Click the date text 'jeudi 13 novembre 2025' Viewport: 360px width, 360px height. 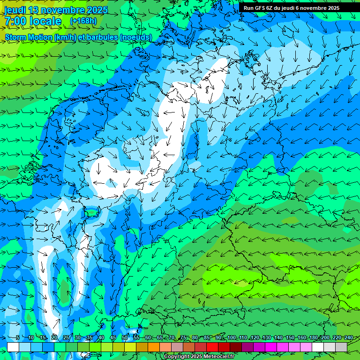56,10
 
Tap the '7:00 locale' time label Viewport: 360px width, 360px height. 33,21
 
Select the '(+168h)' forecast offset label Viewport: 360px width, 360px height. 83,21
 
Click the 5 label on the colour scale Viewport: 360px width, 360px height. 18,337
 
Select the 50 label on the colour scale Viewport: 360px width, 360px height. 125,337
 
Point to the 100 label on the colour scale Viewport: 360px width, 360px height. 231,337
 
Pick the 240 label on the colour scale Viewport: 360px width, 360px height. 348,337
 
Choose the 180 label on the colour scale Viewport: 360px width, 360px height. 313,337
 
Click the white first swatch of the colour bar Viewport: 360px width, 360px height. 13,347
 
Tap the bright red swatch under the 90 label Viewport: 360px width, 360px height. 212,347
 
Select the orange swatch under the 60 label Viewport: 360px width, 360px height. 142,347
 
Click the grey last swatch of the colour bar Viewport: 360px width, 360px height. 341,347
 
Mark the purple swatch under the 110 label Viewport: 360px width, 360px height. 247,347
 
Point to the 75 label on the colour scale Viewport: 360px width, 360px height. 183,337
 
